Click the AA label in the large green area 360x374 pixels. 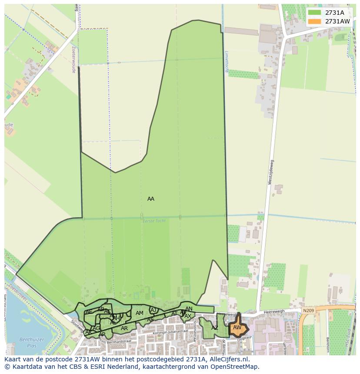151,199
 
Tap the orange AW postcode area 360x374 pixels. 237,328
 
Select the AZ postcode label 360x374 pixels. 215,328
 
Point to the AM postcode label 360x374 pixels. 140,313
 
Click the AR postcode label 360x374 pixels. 124,328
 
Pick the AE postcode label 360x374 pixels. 89,312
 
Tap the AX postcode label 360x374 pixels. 188,316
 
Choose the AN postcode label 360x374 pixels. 189,309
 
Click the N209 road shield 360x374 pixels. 308,311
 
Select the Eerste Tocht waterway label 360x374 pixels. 151,221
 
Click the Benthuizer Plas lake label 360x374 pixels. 28,343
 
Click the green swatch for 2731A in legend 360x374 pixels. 314,13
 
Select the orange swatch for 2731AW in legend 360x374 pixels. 314,21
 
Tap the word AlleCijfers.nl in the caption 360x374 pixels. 228,359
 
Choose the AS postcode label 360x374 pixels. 150,320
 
